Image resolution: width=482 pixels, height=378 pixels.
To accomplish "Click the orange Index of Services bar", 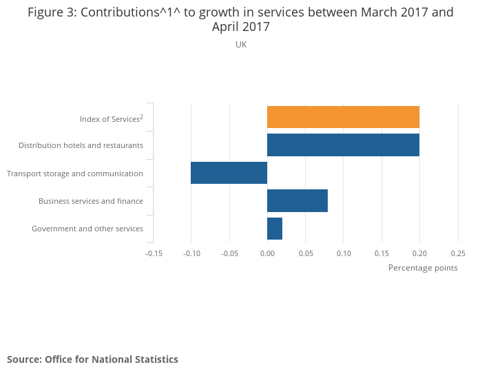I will coord(343,117).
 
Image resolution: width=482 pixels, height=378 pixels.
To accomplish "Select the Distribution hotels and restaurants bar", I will coord(343,145).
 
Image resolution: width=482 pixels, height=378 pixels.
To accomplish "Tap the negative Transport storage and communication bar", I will coord(229,173).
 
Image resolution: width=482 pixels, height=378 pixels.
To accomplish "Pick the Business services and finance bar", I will coord(297,200).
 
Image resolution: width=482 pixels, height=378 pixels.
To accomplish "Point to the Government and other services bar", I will coord(275,228).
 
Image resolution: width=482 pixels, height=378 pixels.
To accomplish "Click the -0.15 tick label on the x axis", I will coord(154,253).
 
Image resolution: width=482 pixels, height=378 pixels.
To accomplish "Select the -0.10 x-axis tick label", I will coord(191,253).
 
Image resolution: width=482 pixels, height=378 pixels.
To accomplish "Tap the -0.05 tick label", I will coord(229,253).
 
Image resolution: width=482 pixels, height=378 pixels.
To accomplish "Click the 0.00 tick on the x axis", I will coord(267,253).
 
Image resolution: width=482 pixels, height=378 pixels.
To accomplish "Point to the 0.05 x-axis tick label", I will coord(305,253).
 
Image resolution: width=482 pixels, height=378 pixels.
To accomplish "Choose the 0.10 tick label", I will coord(344,253).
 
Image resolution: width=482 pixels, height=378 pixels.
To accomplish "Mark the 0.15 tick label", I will coord(381,253).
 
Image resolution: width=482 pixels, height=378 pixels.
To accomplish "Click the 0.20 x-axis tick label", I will coord(419,253).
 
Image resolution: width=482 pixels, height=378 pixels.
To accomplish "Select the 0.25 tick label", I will coord(458,253).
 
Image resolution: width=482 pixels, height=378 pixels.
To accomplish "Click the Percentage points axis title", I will coord(423,268).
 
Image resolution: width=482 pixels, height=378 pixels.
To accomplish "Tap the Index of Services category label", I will coord(111,119).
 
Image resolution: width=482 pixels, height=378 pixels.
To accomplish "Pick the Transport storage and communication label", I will coord(75,174).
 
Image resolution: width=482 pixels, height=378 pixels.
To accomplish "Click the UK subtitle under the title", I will coord(241,45).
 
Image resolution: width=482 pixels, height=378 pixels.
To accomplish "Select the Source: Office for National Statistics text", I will coord(92,359).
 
